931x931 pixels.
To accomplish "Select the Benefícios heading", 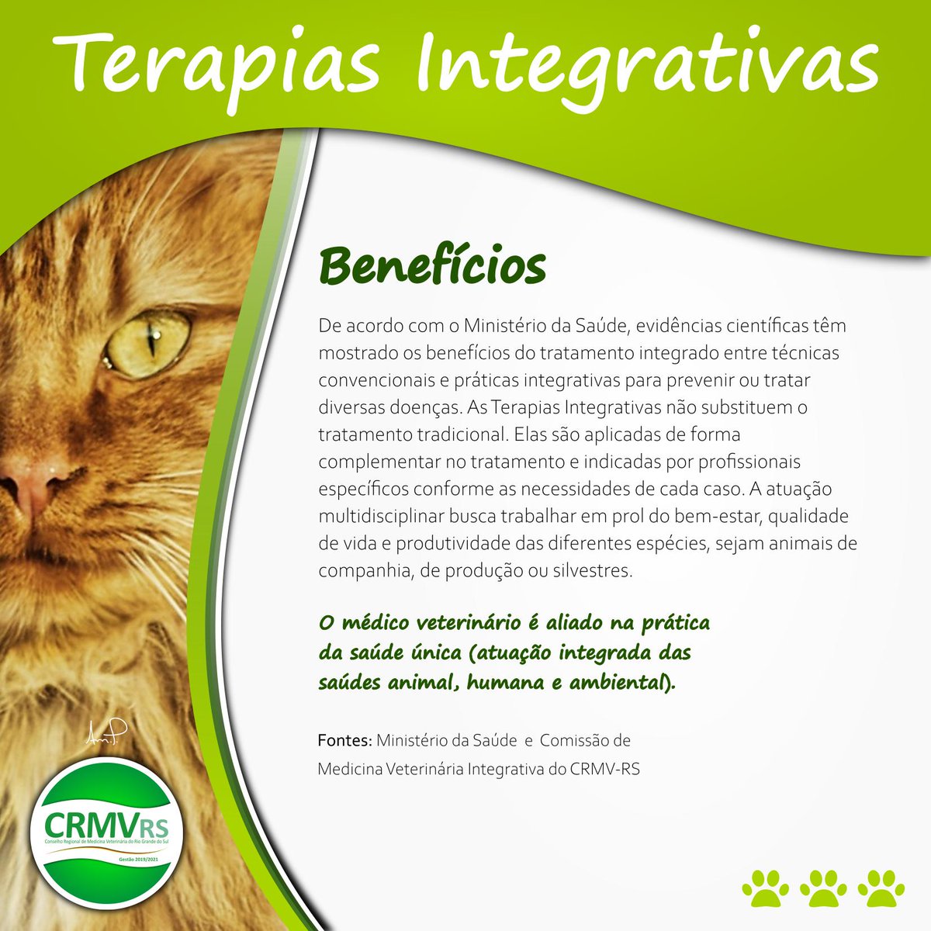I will click(x=432, y=267).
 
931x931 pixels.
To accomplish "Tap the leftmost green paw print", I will click(x=765, y=887).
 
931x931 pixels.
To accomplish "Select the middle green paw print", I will click(x=823, y=887).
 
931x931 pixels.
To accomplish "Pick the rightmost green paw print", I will click(x=881, y=887).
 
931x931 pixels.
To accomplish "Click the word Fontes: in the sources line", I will click(x=345, y=740).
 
